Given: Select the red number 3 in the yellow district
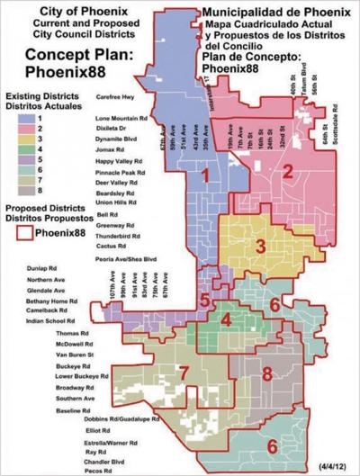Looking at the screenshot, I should click(x=259, y=245).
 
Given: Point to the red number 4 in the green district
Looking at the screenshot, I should click(x=227, y=319).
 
